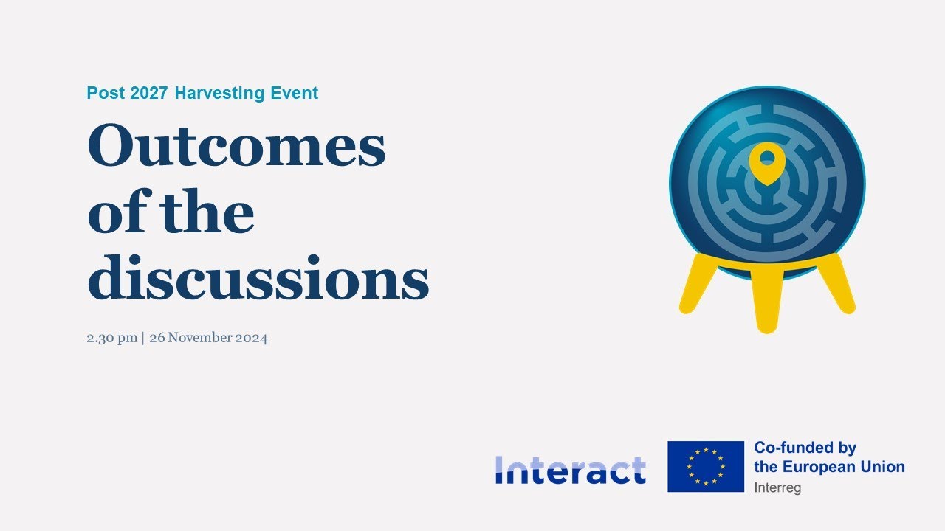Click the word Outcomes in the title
pos(236,145)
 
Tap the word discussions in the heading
pos(258,277)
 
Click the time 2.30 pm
pos(111,338)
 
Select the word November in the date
pos(200,338)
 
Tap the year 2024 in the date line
pos(251,338)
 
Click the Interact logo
pos(571,470)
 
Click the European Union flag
pos(706,467)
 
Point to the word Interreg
pos(777,488)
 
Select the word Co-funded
pos(788,448)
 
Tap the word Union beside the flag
pos(882,467)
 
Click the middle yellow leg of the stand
pos(767,300)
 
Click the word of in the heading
pos(117,211)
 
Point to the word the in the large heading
pos(207,211)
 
